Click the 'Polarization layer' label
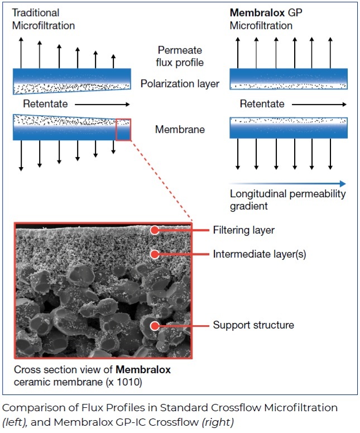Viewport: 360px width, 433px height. [180, 84]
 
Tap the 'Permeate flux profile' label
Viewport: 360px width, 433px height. [180, 56]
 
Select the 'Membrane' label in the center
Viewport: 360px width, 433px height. [180, 129]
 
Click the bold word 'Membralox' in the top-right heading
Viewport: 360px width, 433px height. [257, 12]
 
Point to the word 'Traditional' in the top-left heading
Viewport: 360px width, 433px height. [36, 13]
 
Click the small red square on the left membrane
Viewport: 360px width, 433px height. [123, 130]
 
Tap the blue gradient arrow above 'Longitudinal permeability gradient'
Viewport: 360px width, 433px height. [287, 183]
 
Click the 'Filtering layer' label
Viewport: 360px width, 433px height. [244, 230]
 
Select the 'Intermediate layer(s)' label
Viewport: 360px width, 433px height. [260, 254]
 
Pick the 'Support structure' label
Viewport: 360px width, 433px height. [253, 325]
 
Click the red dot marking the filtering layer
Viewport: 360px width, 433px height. [155, 230]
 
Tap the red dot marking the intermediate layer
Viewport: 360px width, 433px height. [155, 254]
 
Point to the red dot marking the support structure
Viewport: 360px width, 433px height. [155, 326]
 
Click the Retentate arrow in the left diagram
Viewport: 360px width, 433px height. [102, 104]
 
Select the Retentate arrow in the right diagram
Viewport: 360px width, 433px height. [319, 104]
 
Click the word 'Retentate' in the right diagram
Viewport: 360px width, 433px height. [262, 104]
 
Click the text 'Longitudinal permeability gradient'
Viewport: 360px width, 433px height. [288, 199]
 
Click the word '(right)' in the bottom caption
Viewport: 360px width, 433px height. [218, 422]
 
